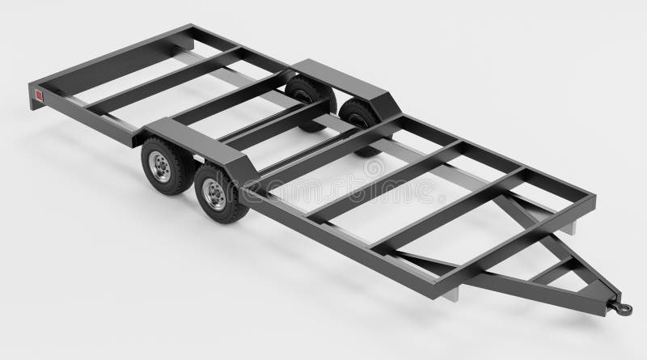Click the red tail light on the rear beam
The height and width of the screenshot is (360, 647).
pyautogui.click(x=36, y=96)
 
